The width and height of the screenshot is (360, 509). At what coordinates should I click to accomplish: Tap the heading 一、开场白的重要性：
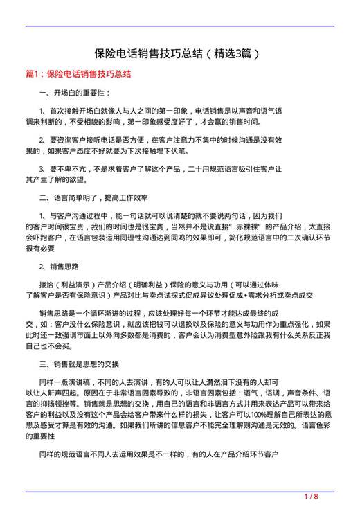pyautogui.click(x=74, y=92)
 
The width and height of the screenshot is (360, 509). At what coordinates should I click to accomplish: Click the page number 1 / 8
pyautogui.click(x=311, y=497)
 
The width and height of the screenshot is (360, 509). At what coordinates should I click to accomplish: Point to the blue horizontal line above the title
pyautogui.click(x=180, y=26)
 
